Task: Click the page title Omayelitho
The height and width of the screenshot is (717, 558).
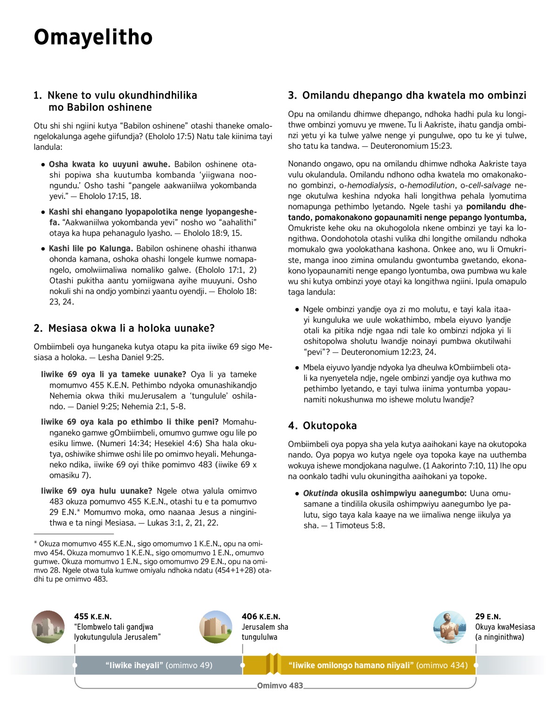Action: [x=93, y=38]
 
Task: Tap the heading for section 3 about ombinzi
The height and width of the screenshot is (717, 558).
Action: [x=407, y=96]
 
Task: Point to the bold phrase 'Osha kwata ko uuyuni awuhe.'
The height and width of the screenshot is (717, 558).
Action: [x=109, y=164]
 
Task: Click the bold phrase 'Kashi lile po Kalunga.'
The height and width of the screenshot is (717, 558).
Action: [x=91, y=249]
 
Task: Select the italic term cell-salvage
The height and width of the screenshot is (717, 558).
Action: [x=489, y=185]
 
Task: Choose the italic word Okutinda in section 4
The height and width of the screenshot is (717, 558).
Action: [x=320, y=493]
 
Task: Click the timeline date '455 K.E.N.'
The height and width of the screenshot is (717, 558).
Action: [x=93, y=617]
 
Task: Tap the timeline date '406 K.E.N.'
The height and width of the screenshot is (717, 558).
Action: [x=261, y=617]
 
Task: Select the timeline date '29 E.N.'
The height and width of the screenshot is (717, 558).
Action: [x=488, y=617]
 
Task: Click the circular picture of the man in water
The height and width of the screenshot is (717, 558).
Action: [x=449, y=627]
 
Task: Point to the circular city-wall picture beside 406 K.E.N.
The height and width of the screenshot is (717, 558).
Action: [x=215, y=627]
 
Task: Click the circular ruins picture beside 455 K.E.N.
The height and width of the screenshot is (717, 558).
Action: [x=48, y=627]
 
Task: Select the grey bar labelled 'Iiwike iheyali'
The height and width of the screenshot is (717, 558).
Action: [x=159, y=665]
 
